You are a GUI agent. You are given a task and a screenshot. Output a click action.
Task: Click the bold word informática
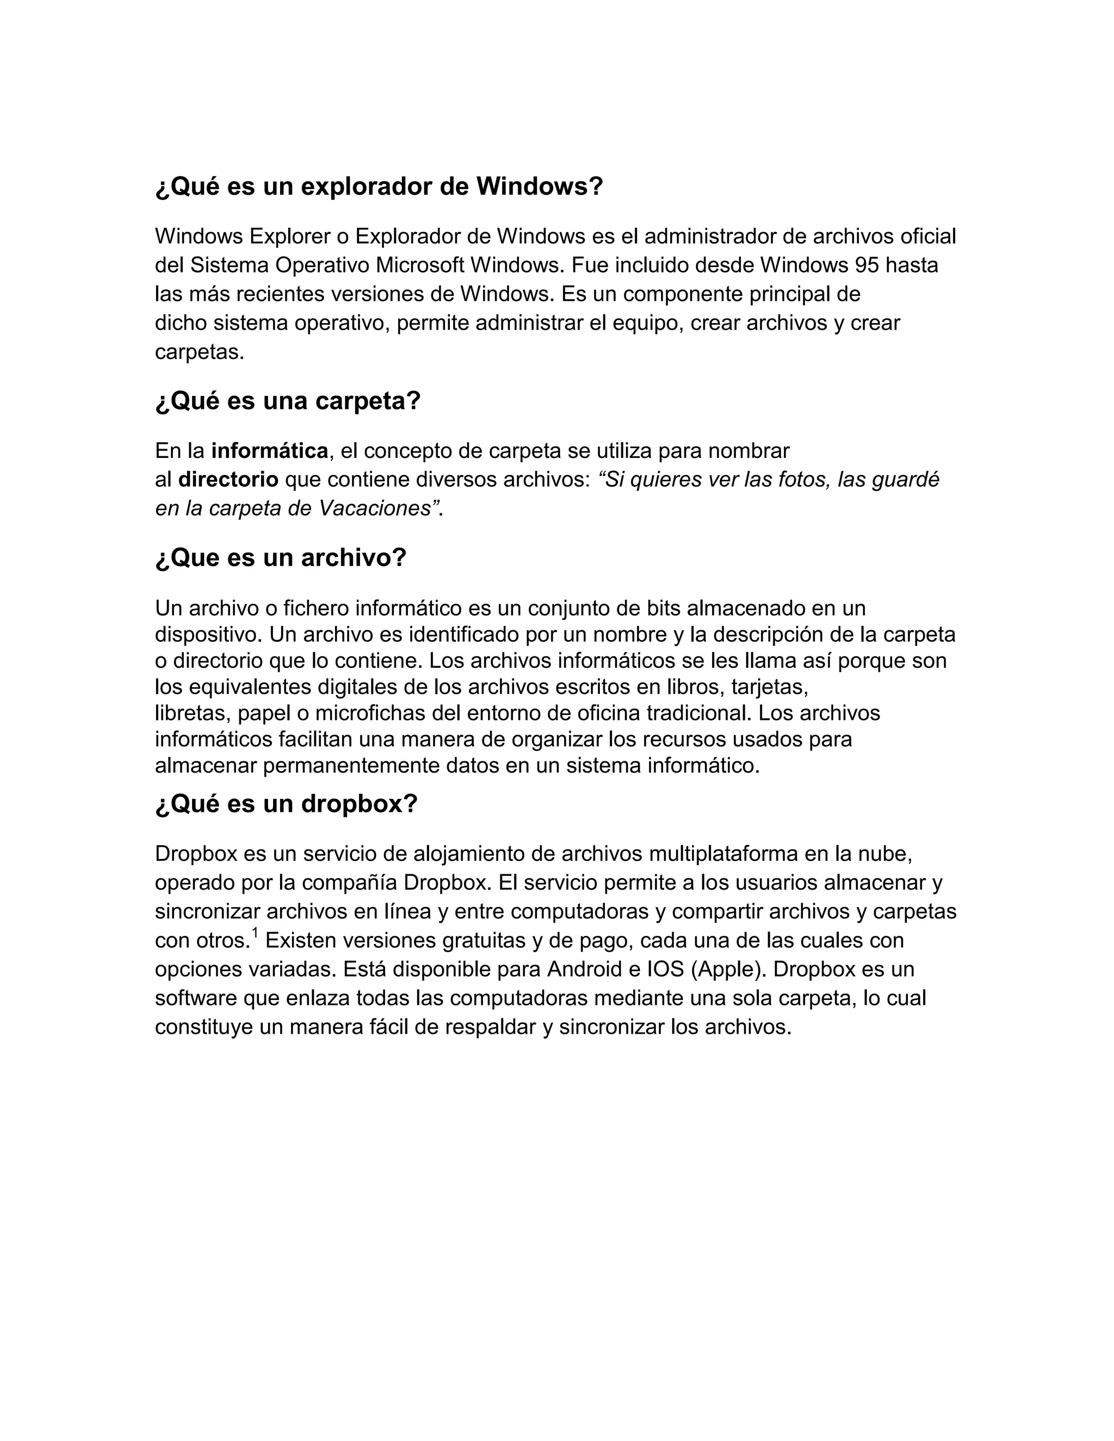tap(269, 451)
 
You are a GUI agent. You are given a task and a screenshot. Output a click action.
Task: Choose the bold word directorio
tap(228, 480)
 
